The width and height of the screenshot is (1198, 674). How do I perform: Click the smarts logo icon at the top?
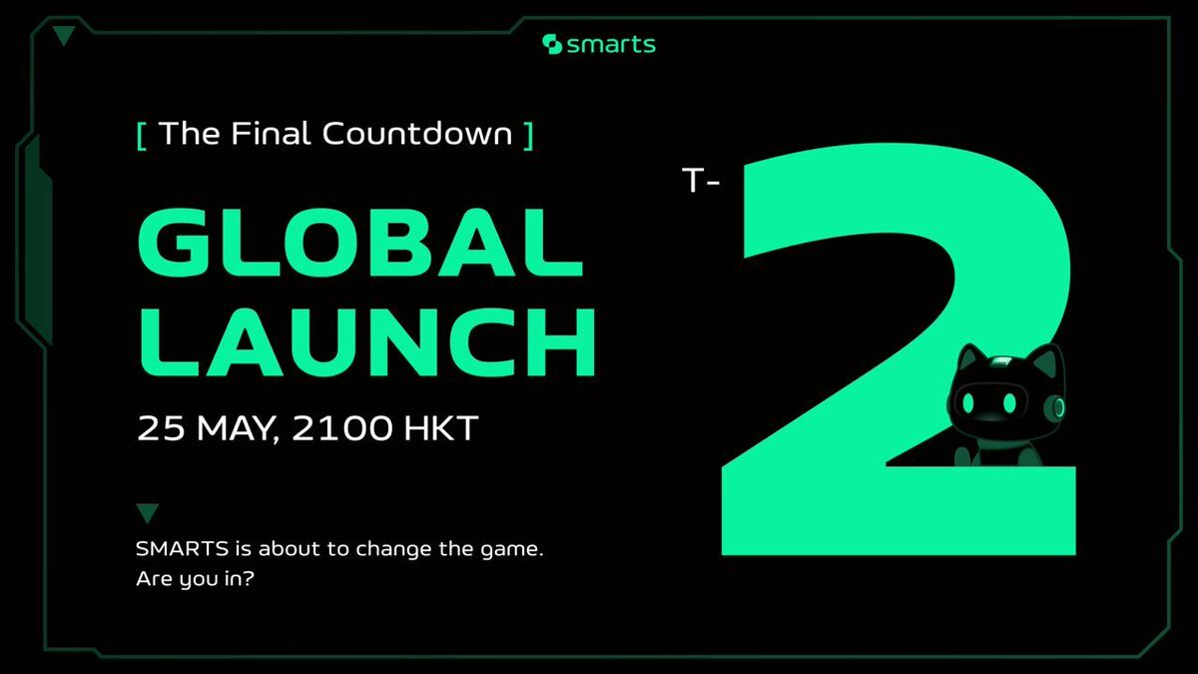[552, 44]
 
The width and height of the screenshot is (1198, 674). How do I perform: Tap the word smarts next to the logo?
[611, 45]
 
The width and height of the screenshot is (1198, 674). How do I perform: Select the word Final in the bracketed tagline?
[271, 133]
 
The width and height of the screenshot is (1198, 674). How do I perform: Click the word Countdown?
[417, 133]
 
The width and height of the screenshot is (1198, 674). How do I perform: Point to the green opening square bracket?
[142, 137]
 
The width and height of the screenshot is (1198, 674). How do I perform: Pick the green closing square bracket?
[528, 137]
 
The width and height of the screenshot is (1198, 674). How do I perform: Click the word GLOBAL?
[360, 243]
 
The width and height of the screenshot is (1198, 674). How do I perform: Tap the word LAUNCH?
[367, 342]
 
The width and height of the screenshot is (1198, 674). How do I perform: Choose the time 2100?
[342, 428]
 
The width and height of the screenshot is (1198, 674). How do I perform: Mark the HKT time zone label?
[441, 428]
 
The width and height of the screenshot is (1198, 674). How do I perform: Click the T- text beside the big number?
[701, 180]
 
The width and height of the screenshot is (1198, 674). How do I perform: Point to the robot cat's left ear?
[969, 358]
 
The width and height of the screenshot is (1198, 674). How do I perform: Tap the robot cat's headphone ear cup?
[1054, 407]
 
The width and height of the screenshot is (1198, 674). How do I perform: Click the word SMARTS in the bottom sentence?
[183, 549]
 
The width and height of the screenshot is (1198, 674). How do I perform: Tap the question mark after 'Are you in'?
[249, 578]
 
